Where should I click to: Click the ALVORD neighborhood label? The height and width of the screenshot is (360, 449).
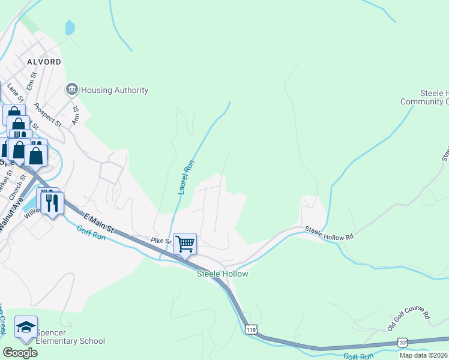[43, 62]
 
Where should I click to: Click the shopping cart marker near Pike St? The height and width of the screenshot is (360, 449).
[185, 244]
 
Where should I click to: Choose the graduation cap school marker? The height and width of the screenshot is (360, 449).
[26, 327]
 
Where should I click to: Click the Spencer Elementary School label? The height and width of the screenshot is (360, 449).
[70, 337]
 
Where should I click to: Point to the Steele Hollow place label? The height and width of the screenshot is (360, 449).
[223, 274]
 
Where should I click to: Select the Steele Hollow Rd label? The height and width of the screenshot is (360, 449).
[328, 233]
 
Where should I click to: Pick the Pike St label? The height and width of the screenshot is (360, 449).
[161, 241]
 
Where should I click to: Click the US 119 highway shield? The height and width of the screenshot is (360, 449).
[251, 329]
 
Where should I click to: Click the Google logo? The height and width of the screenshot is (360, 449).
[20, 352]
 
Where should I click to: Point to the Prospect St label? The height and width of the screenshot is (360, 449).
[48, 116]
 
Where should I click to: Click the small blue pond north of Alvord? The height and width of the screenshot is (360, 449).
[70, 27]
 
